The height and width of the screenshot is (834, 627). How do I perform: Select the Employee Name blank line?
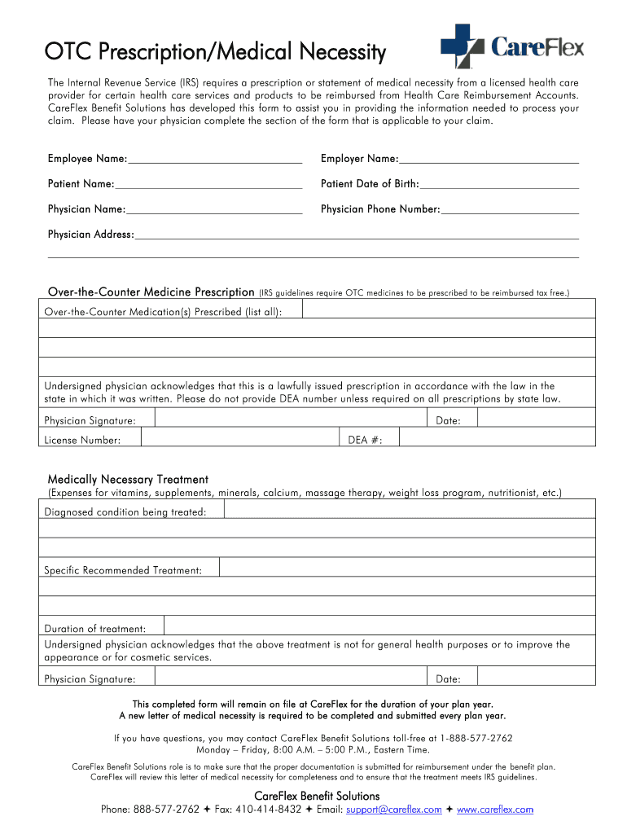pos(215,158)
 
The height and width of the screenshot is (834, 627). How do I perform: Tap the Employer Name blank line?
pos(489,158)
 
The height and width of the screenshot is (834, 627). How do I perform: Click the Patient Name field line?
pos(208,184)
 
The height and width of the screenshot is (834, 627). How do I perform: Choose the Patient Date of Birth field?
pos(499,184)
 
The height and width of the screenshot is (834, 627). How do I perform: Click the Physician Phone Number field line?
pos(510,210)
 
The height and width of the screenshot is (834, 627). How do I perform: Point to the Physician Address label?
pos(90,235)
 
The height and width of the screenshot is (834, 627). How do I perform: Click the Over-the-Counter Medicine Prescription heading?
pos(151,292)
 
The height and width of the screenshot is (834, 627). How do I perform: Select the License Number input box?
pos(239,439)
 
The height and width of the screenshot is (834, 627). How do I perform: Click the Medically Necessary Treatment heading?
pos(128,479)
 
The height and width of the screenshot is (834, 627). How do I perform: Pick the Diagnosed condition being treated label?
pos(125,511)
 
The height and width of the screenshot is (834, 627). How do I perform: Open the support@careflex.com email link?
pos(393,810)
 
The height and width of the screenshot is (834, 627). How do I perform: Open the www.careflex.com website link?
pos(495,810)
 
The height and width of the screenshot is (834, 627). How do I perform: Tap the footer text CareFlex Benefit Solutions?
pos(317,796)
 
